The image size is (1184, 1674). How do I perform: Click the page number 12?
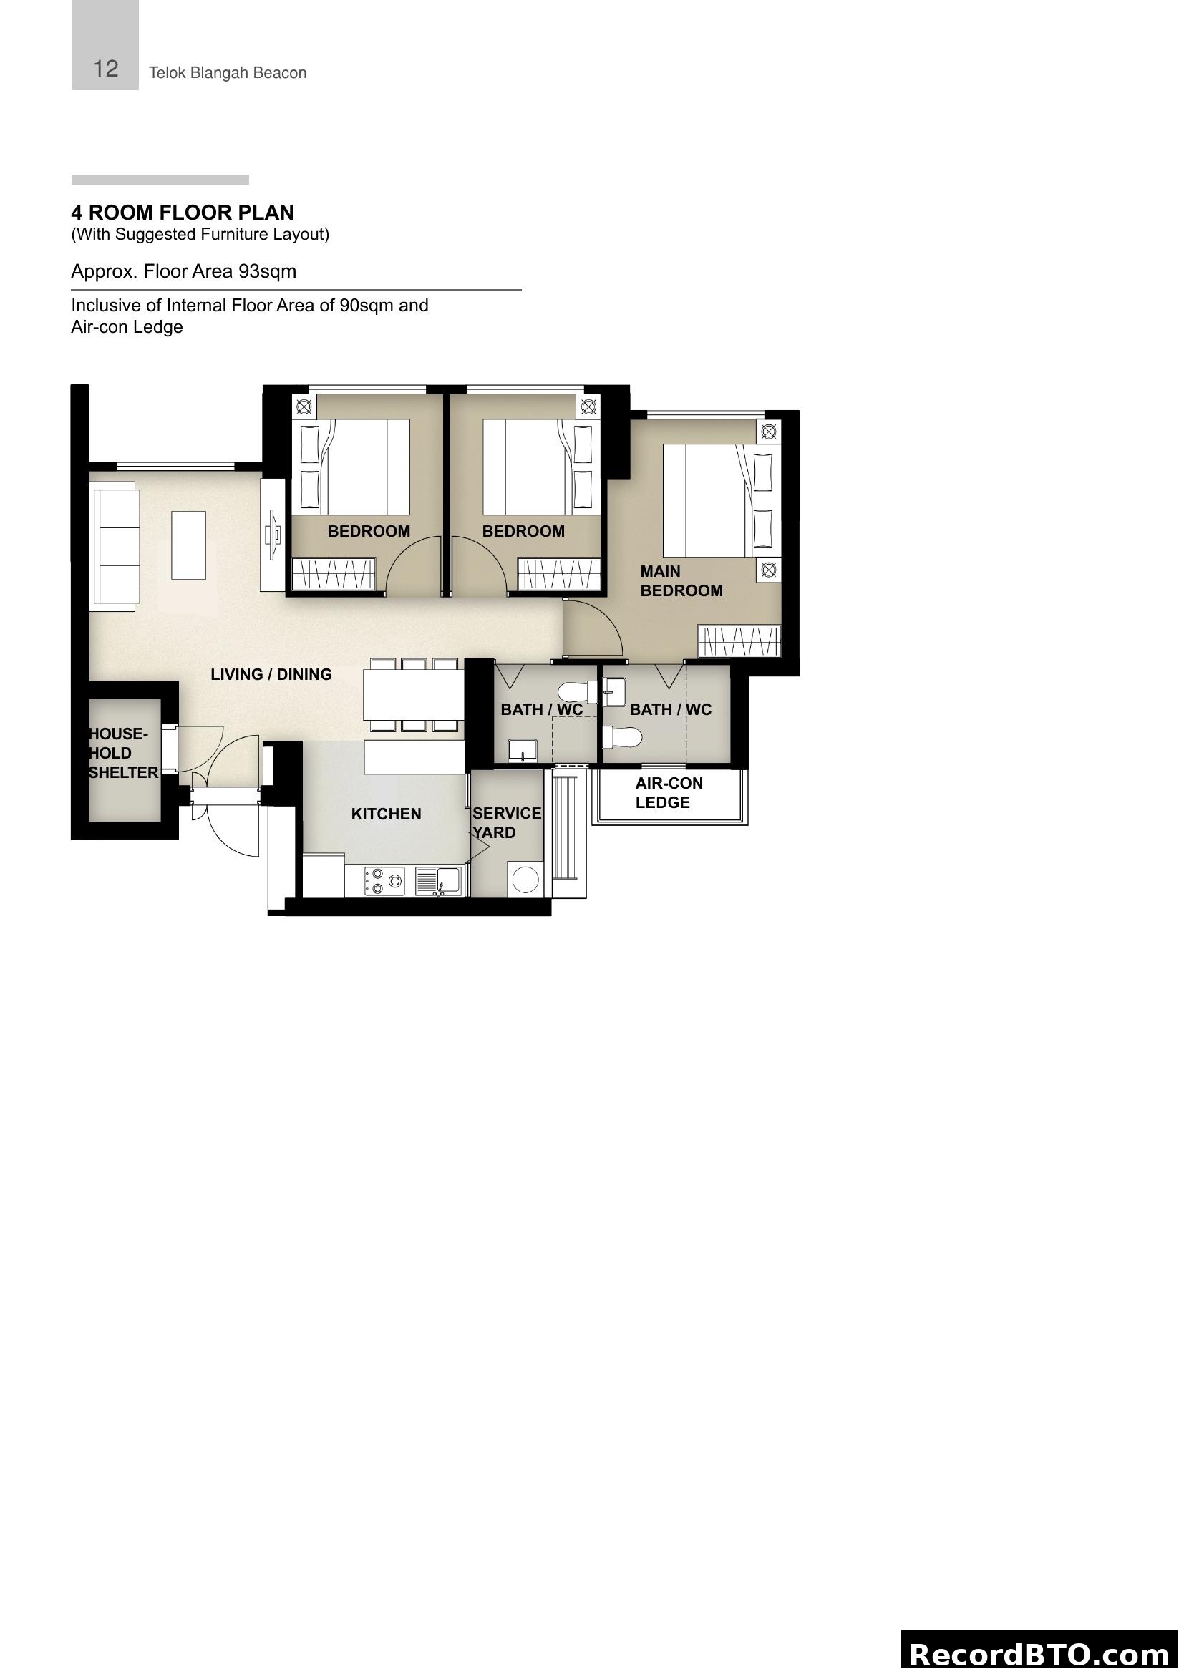click(x=106, y=69)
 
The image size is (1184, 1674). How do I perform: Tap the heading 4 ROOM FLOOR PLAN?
click(x=183, y=213)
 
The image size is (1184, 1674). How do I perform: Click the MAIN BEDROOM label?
click(x=681, y=581)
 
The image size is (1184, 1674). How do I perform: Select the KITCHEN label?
click(x=386, y=814)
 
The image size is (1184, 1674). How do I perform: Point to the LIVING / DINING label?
click(x=271, y=674)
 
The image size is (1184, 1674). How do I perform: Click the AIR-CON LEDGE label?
click(x=669, y=792)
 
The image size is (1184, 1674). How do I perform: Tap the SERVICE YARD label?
click(x=506, y=822)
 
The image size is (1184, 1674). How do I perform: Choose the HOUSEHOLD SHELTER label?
click(x=122, y=753)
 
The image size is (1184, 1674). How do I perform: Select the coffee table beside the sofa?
click(x=188, y=545)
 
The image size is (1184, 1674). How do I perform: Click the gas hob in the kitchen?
click(x=384, y=881)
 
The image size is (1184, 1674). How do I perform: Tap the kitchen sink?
click(x=438, y=880)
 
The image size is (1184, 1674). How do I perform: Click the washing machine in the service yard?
click(x=525, y=880)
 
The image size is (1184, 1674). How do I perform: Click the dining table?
click(x=413, y=695)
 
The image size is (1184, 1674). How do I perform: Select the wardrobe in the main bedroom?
click(x=739, y=641)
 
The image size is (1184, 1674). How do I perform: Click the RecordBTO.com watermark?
click(x=1039, y=1653)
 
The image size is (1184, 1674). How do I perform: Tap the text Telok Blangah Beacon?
click(x=228, y=73)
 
